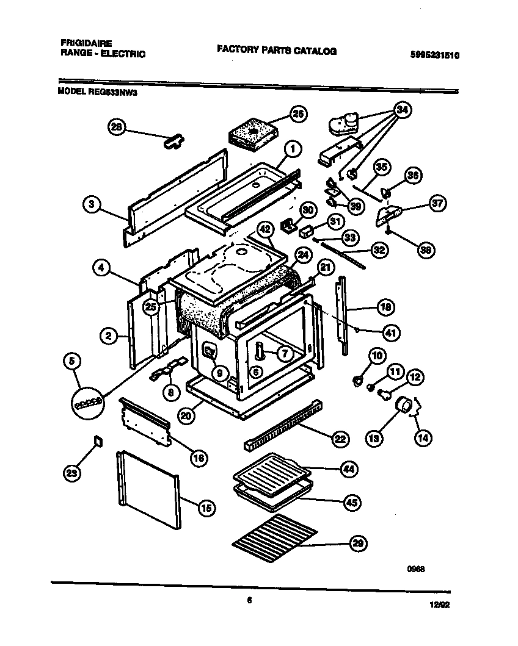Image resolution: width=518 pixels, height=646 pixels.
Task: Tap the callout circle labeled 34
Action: (401, 110)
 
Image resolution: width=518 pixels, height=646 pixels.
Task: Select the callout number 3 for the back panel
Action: (91, 205)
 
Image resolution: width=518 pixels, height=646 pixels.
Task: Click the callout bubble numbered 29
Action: (354, 544)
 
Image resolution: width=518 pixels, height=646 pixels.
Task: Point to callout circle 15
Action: (206, 507)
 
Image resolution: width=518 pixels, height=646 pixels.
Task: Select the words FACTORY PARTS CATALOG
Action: (276, 51)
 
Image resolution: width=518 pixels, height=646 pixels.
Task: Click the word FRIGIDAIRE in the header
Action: (86, 44)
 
